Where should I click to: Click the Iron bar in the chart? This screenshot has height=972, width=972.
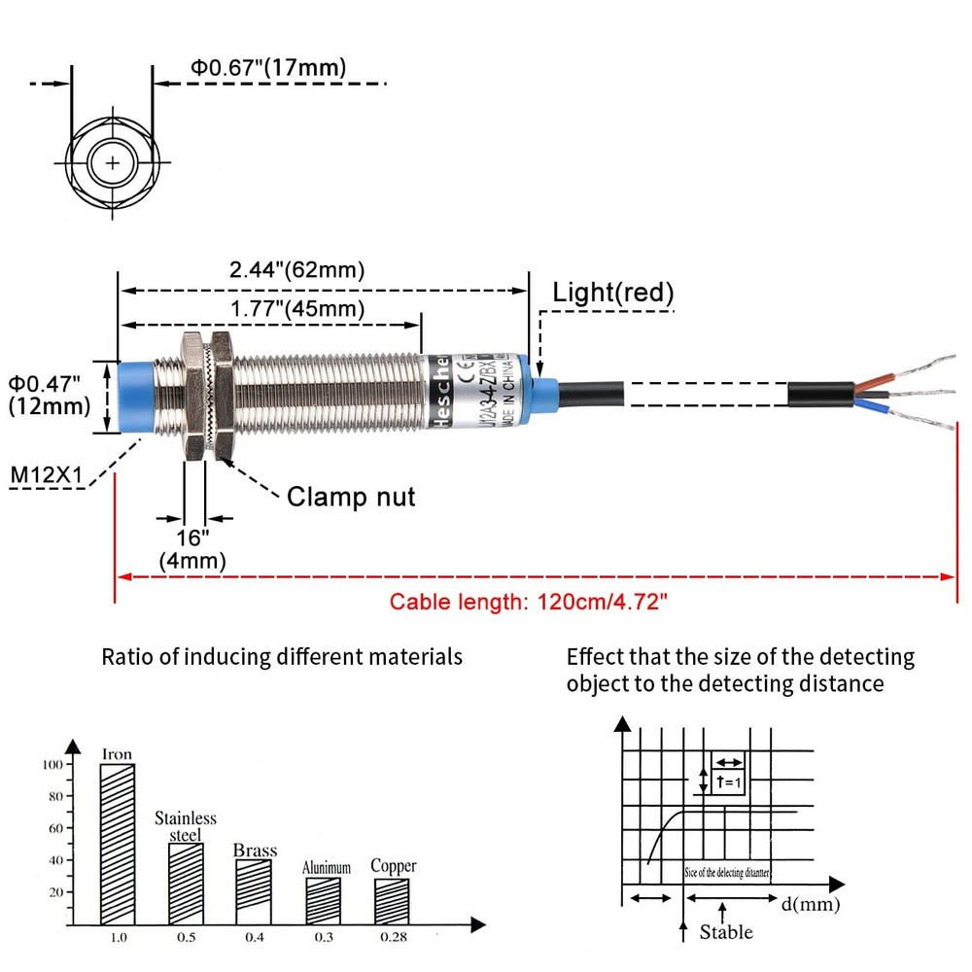(117, 844)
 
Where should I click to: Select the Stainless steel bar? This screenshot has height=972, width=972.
(185, 884)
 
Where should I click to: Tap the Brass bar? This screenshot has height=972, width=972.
(254, 891)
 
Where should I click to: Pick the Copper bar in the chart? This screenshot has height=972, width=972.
(393, 901)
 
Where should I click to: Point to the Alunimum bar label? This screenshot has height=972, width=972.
(326, 867)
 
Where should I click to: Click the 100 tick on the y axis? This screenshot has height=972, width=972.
(51, 765)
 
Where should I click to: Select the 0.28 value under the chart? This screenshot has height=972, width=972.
(393, 938)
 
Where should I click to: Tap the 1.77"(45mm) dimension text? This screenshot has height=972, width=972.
(296, 309)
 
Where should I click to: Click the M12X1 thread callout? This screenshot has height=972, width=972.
(46, 474)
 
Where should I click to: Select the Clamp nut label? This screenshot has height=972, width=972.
(351, 497)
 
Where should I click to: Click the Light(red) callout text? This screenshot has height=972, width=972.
(613, 293)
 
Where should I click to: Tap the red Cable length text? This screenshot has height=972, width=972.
(530, 602)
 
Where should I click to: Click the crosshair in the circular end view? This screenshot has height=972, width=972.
(114, 162)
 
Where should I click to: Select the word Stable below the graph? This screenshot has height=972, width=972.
(726, 932)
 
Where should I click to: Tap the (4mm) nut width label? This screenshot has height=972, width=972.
(192, 561)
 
